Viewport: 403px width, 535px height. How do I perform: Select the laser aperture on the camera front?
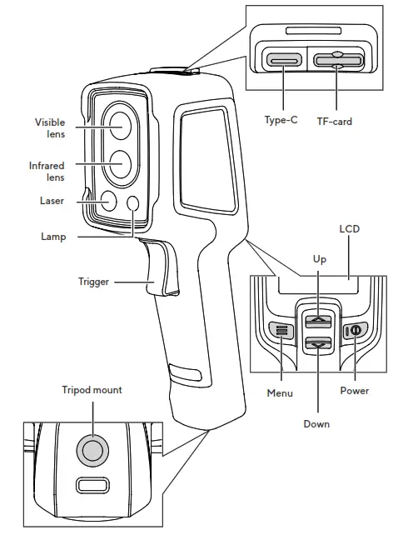click(x=108, y=199)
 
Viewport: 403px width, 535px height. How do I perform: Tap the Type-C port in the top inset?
click(x=284, y=61)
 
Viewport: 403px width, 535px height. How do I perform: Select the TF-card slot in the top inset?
click(x=336, y=61)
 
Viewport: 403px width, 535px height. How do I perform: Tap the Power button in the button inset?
click(x=355, y=330)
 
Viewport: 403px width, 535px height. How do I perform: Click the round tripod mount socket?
click(x=92, y=451)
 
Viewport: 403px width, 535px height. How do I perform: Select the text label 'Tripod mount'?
click(x=92, y=390)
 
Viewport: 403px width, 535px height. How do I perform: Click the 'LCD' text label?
click(x=350, y=227)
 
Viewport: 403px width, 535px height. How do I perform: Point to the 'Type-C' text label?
click(x=281, y=120)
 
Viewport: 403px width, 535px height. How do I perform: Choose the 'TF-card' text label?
click(x=335, y=122)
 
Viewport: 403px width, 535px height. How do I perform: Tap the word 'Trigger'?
click(x=93, y=282)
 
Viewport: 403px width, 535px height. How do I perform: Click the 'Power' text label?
click(x=355, y=390)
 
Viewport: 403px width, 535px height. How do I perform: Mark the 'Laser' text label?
click(x=52, y=201)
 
